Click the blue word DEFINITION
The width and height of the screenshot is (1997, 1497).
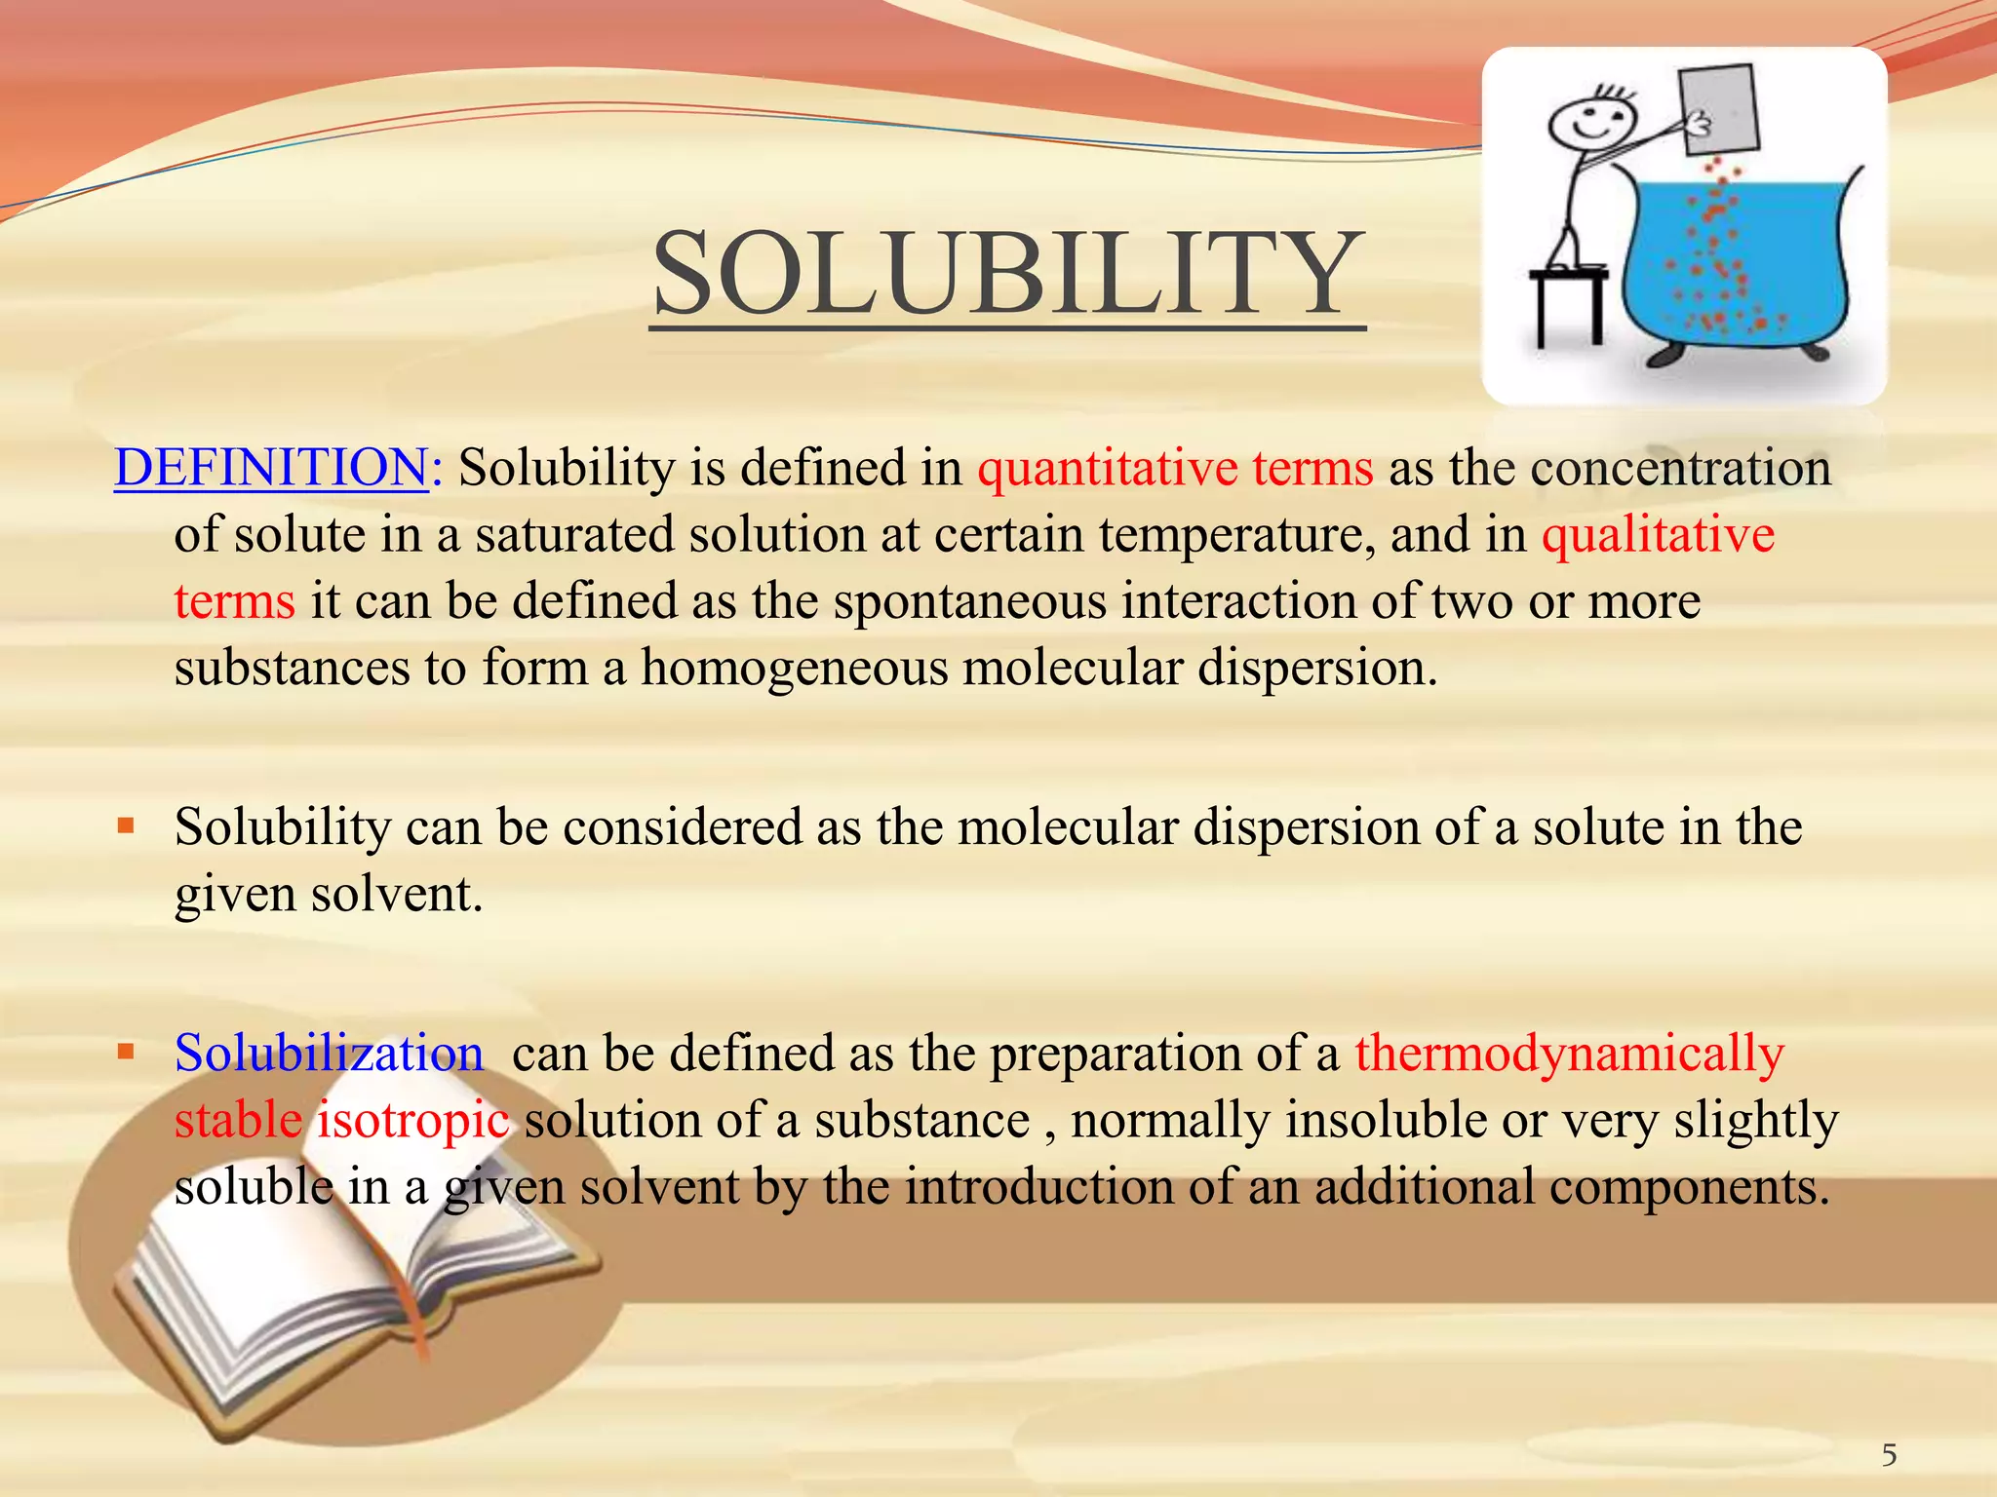271,468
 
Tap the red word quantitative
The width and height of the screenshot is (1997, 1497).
1107,468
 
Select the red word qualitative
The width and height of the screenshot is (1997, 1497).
1658,535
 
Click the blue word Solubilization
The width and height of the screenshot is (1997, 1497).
329,1054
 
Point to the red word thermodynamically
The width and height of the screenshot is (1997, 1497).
1570,1054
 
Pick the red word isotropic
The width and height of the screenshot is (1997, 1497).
412,1120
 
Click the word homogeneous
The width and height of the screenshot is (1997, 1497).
794,669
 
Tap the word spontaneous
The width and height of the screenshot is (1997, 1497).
969,601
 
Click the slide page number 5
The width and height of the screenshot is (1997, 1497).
1889,1455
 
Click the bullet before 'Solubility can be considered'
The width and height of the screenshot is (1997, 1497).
126,826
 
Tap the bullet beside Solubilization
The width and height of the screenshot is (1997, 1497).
126,1053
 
